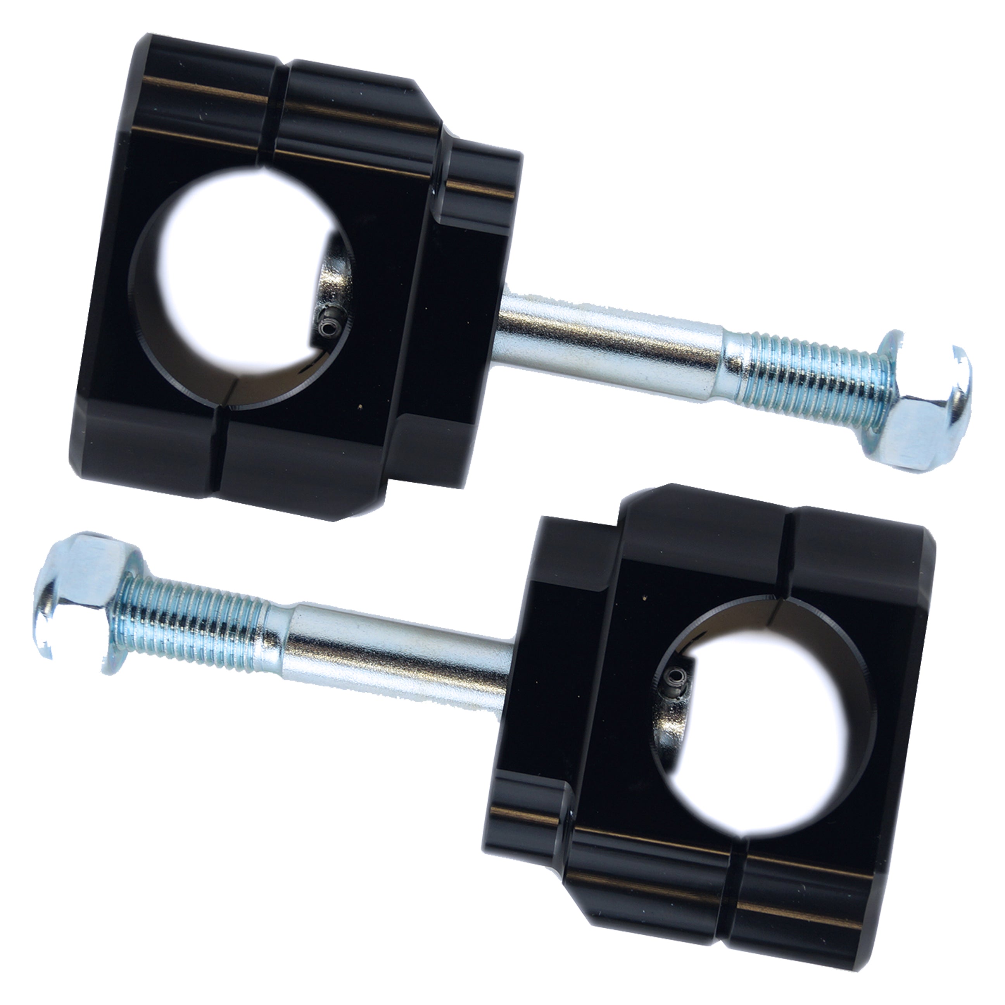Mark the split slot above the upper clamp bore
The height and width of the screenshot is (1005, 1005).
pyautogui.click(x=276, y=109)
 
